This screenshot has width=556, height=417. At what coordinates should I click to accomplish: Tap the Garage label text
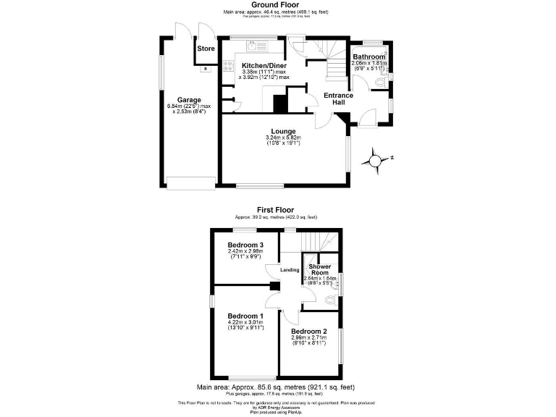coord(189,100)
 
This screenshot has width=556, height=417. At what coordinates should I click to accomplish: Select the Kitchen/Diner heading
coord(264,65)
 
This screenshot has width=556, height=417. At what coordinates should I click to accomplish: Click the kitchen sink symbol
coord(253,46)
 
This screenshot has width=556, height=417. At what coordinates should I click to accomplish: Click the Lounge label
coord(283,131)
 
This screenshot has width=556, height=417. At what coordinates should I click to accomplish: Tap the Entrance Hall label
coord(338,99)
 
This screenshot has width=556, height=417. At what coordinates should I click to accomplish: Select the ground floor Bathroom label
coord(368,56)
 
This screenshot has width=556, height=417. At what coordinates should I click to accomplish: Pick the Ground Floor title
coord(277,4)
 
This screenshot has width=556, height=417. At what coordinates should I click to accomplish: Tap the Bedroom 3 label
coord(245,245)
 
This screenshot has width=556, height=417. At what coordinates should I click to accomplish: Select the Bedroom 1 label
coord(245,316)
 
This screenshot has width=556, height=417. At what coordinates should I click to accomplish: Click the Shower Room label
coord(319,270)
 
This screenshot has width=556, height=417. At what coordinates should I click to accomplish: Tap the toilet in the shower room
coord(332,298)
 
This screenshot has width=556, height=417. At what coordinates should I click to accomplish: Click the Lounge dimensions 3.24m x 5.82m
coord(283,138)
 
